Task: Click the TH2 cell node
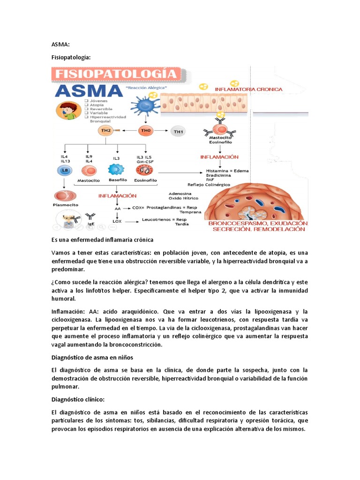106,131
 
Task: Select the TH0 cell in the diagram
144,131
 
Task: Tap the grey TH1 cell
179,132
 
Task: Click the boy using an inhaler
69,110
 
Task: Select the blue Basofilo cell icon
115,170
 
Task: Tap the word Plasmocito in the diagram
66,205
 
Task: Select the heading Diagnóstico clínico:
78,399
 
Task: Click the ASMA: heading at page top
60,44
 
